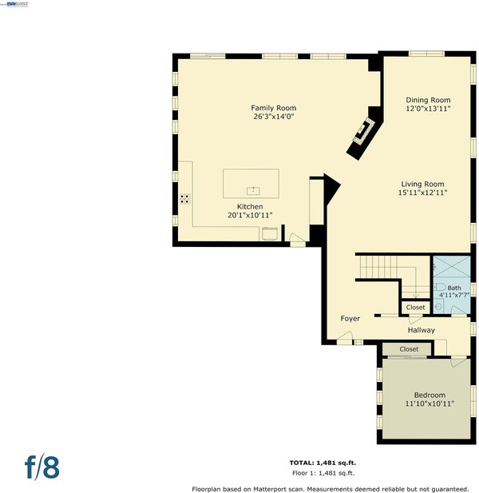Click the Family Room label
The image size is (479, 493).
pos(273,108)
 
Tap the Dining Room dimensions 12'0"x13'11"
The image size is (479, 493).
pos(428,109)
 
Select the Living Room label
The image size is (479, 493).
pos(422,184)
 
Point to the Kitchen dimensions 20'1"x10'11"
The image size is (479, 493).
pos(250,216)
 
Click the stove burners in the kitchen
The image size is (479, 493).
pos(185,199)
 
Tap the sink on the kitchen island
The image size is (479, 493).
pos(253,190)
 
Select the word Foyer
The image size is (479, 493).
pos(350,319)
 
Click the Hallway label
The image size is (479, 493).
pos(422,330)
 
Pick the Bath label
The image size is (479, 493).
pos(454,288)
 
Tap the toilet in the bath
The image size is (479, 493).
pos(440,287)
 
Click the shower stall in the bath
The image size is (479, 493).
pos(452,267)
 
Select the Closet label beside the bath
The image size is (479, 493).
pos(415,307)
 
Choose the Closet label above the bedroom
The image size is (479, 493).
pos(409,349)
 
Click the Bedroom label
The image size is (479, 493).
pos(430,396)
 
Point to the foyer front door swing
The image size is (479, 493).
pos(345,336)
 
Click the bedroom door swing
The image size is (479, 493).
pos(458,362)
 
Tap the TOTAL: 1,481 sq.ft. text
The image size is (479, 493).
pos(323,463)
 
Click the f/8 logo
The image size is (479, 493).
pos(42,467)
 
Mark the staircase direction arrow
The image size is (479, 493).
pos(416,282)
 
